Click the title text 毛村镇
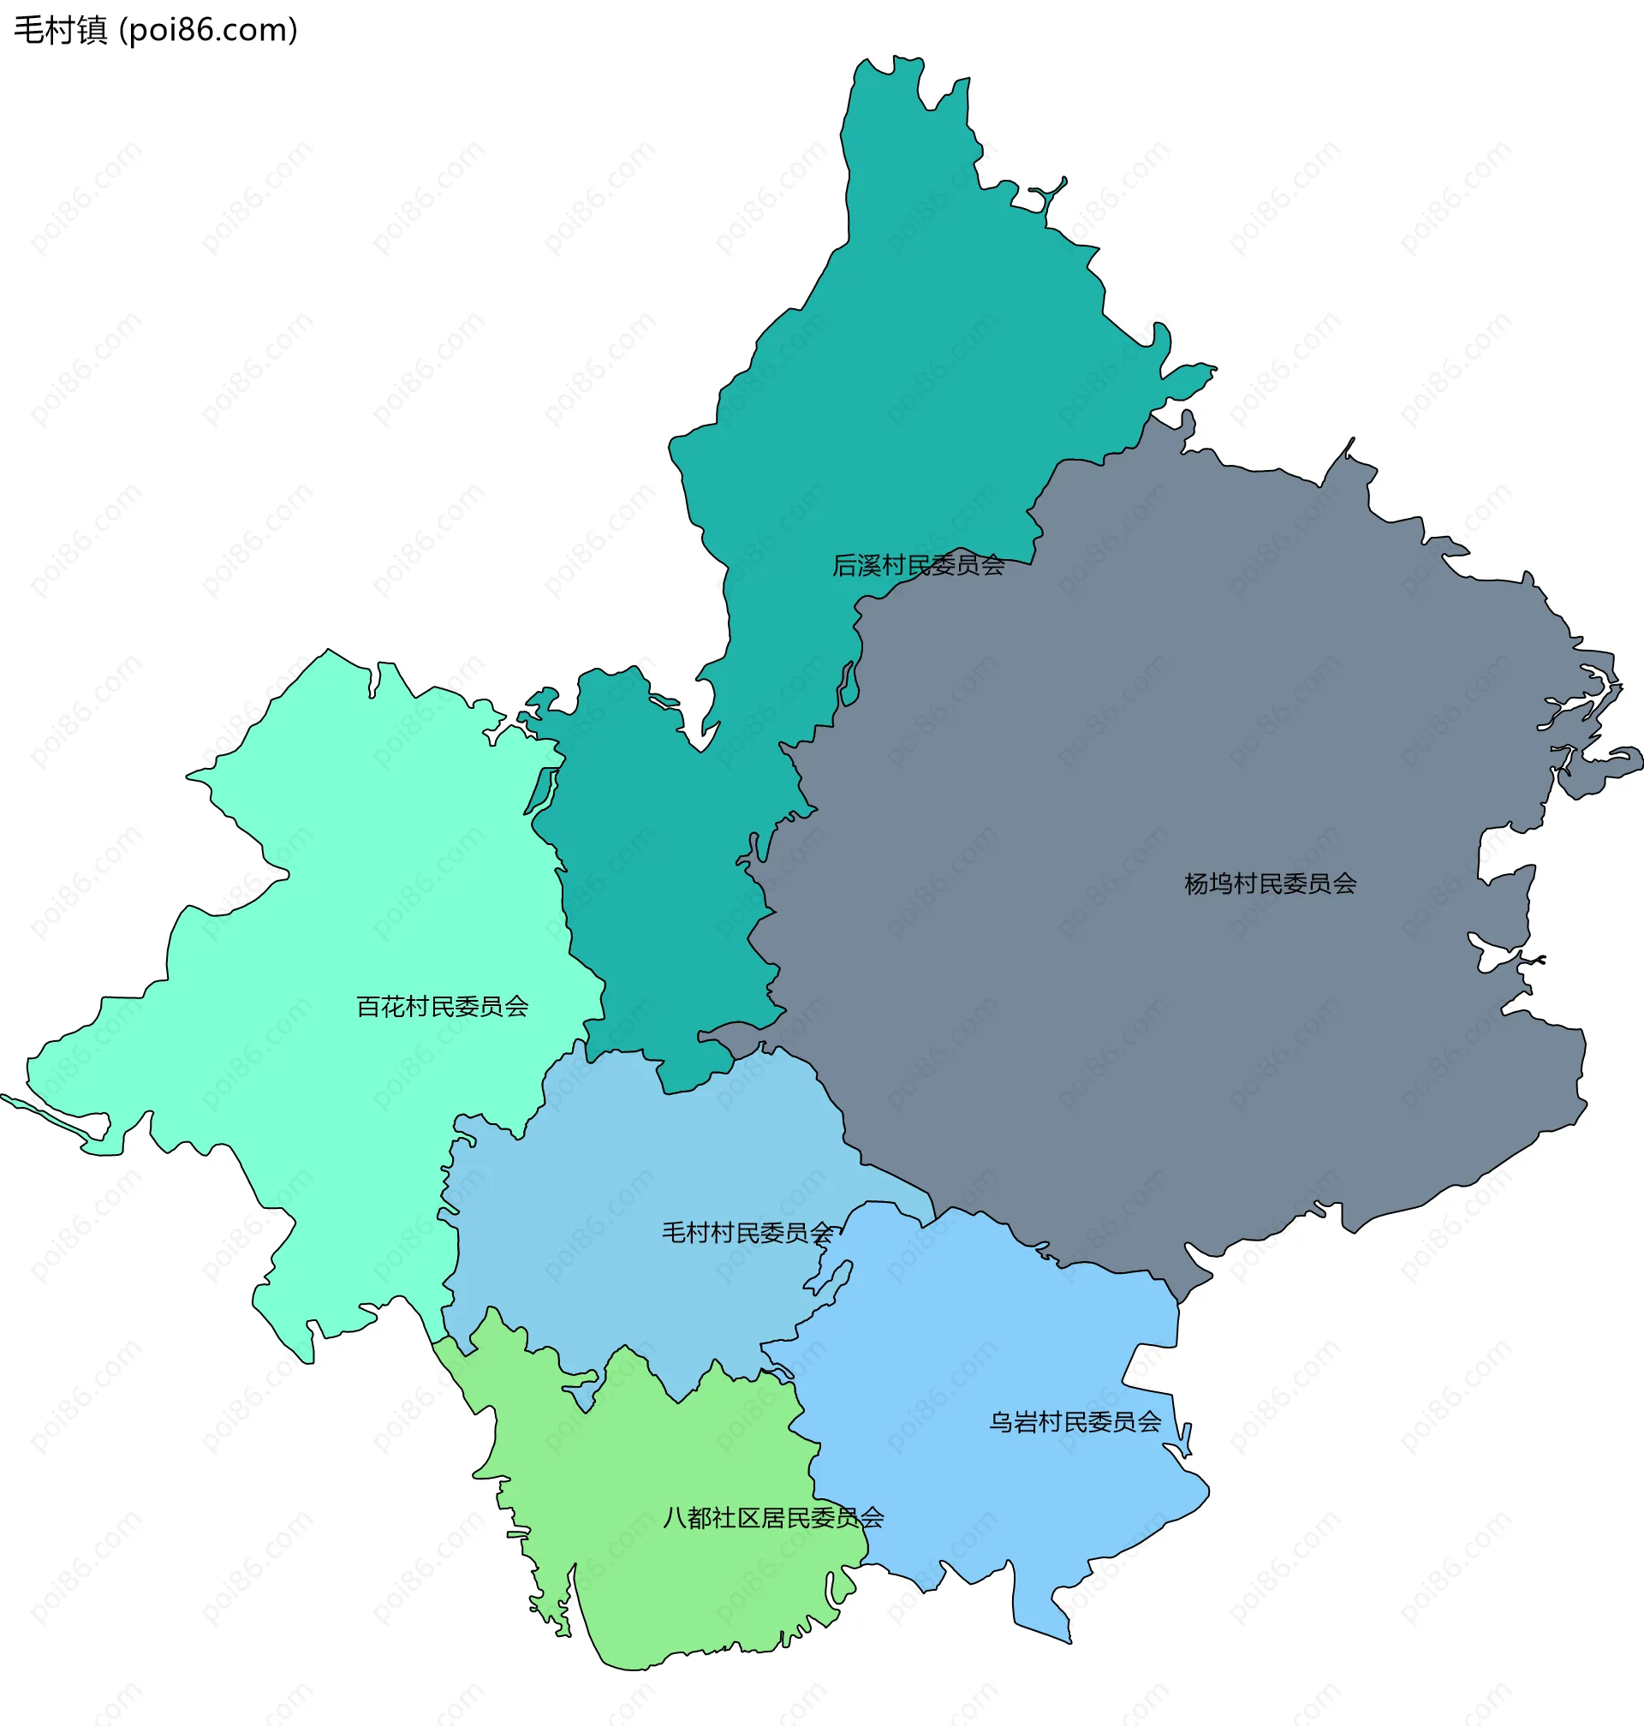click(60, 31)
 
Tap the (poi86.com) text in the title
click(208, 31)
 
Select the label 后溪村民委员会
click(918, 566)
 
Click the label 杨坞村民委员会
click(1270, 884)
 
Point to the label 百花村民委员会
click(442, 1007)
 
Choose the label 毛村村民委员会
click(747, 1234)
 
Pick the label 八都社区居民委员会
click(773, 1518)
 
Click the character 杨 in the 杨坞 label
click(1196, 884)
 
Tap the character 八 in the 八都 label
click(675, 1518)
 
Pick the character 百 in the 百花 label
click(368, 1007)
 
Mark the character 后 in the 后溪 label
click(844, 566)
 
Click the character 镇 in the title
click(92, 31)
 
